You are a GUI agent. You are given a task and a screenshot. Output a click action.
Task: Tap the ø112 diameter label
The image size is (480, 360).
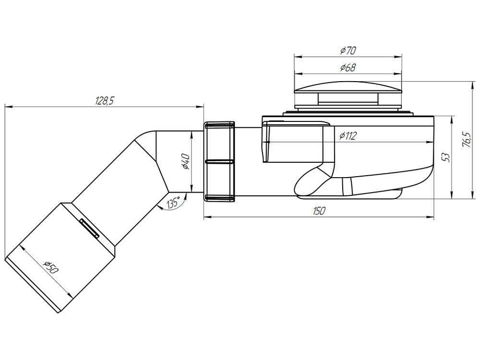[x=347, y=136]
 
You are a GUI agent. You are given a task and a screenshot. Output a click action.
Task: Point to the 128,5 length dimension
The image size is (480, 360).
[x=104, y=101]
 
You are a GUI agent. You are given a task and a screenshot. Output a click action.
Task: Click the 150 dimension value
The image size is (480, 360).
[x=319, y=211]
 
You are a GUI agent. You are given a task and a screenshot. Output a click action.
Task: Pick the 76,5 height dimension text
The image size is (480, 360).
[x=465, y=140]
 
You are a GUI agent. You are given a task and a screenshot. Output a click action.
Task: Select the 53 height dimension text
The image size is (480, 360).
[x=446, y=157]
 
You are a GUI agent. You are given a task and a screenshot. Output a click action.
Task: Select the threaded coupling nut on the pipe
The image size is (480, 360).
[x=219, y=161]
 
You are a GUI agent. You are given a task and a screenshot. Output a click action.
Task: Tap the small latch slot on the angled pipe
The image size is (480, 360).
[x=89, y=228]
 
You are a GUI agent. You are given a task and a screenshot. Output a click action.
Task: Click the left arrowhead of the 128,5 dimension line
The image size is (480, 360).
[x=7, y=107]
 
